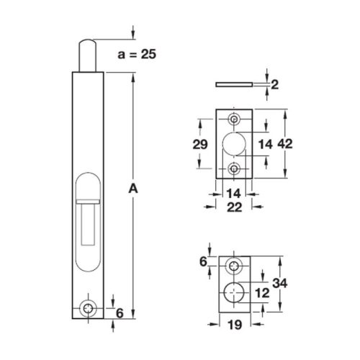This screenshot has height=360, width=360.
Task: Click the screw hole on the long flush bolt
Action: (x=89, y=307)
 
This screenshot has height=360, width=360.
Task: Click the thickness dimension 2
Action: (x=274, y=85)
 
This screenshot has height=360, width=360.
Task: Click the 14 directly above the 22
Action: (x=234, y=193)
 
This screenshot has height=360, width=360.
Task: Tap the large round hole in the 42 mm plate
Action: (x=235, y=143)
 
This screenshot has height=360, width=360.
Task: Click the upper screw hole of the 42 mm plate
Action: (x=235, y=120)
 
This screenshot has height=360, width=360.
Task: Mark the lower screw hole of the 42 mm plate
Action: (x=235, y=168)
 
